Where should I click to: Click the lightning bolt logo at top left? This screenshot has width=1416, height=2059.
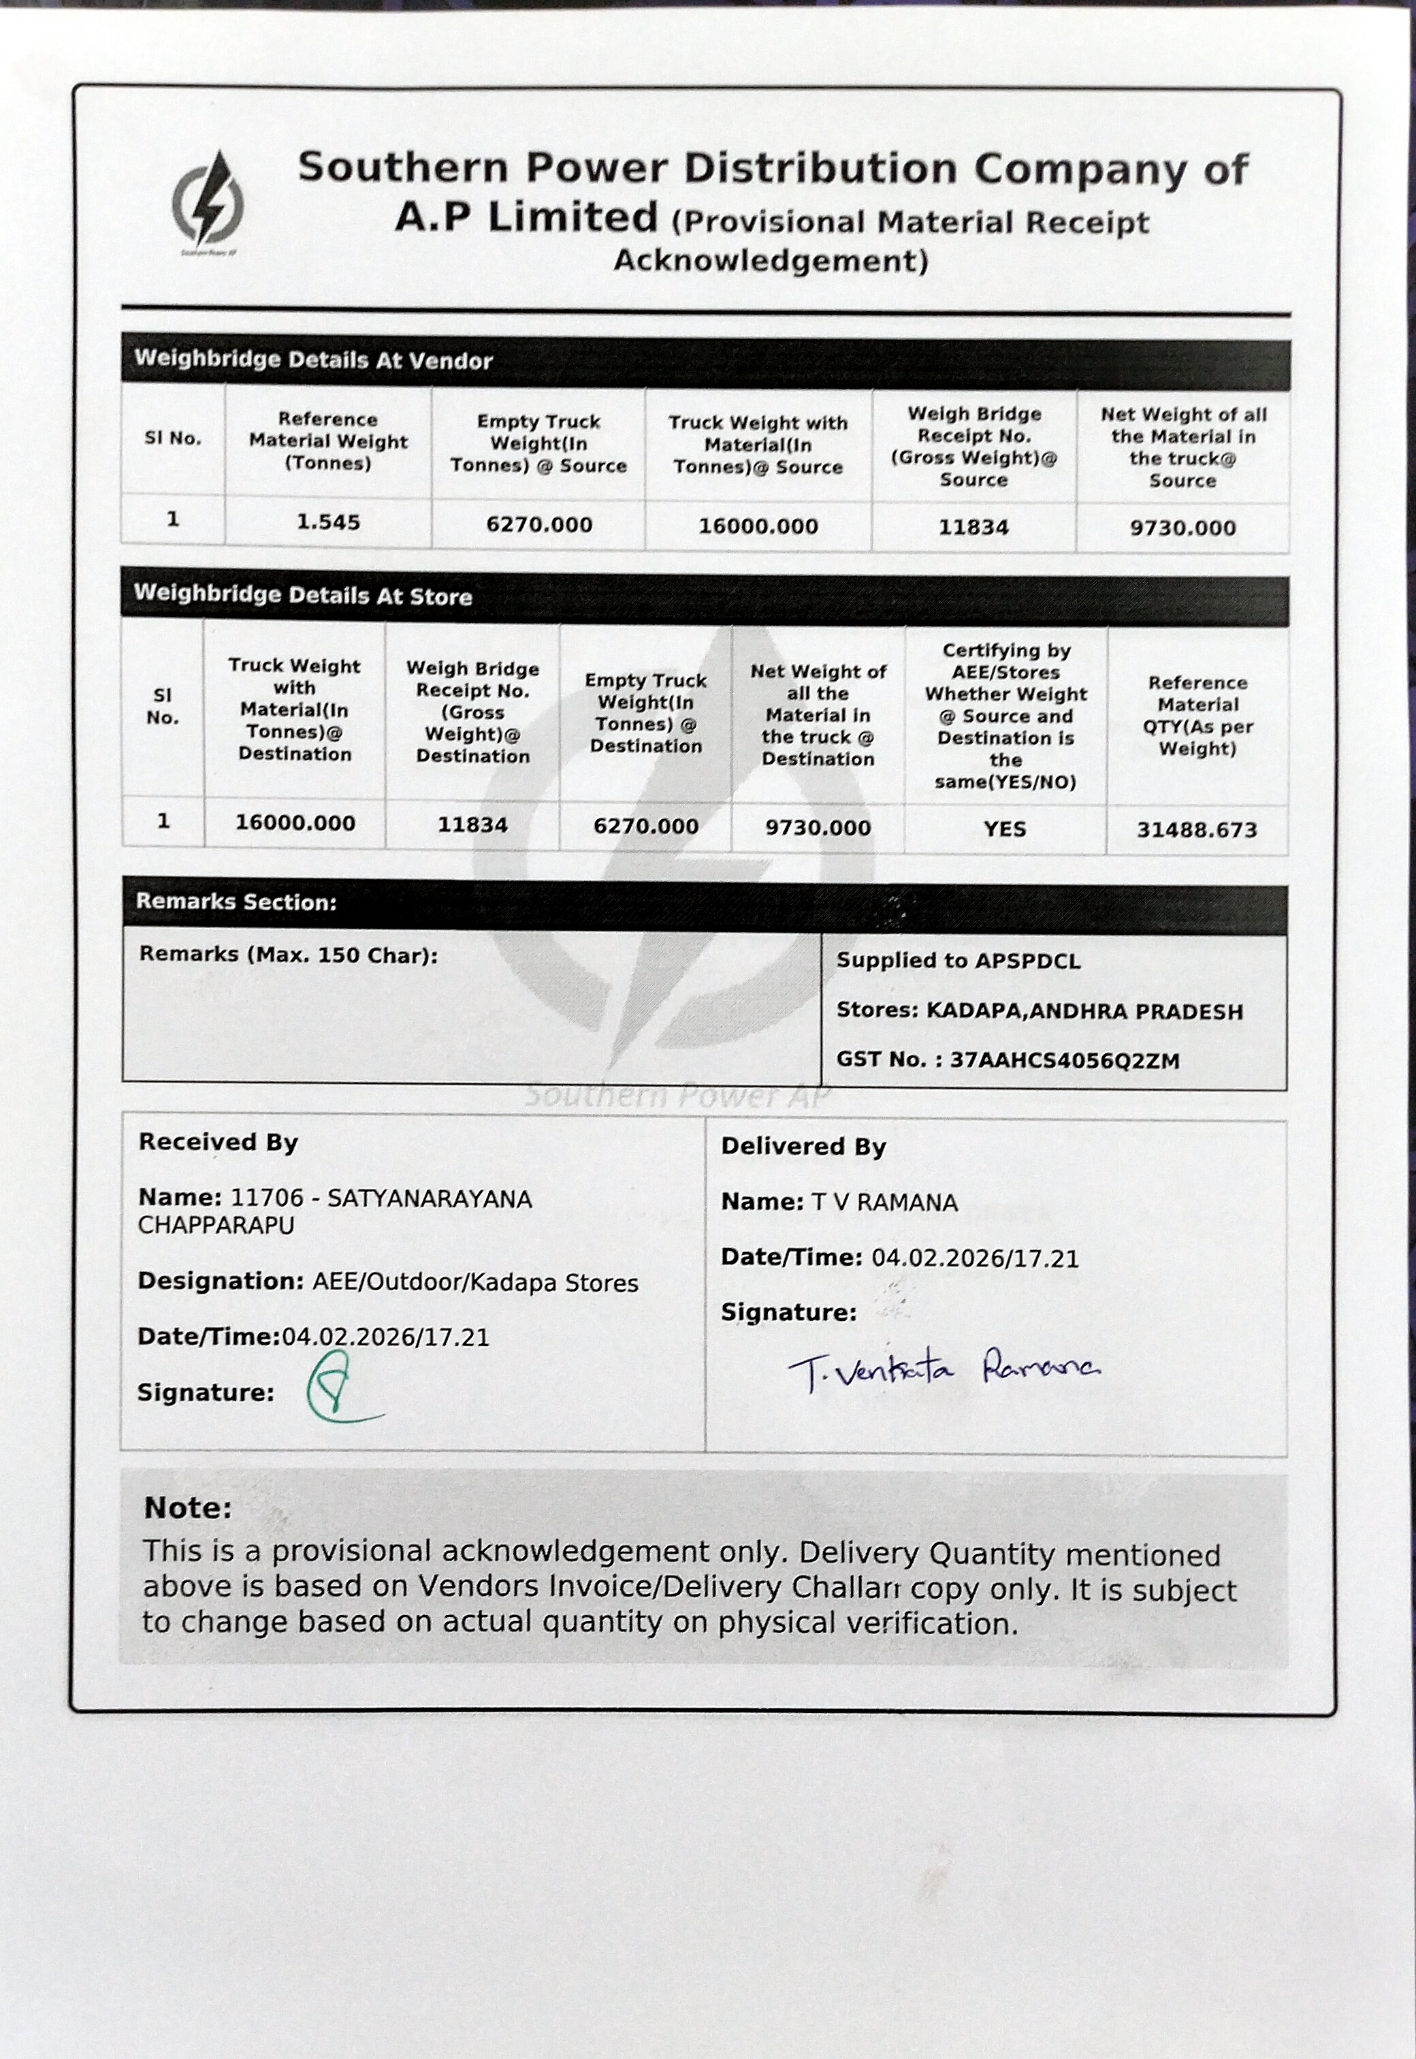[x=208, y=200]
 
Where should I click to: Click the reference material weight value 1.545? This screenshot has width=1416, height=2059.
[x=328, y=522]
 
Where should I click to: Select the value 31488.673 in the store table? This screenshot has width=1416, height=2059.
[x=1197, y=831]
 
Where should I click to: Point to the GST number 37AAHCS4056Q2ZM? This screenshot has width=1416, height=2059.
[x=1065, y=1060]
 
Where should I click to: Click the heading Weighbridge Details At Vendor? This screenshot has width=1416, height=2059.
[x=313, y=360]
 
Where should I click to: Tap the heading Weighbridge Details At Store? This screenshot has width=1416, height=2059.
[x=302, y=595]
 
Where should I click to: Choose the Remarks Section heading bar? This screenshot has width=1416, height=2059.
[x=236, y=902]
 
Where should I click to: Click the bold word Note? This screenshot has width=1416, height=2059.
[x=187, y=1508]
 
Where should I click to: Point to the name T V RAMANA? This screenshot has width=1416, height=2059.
[x=884, y=1203]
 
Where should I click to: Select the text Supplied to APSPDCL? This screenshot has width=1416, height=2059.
[x=959, y=961]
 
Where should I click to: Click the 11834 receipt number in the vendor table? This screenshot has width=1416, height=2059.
[x=973, y=527]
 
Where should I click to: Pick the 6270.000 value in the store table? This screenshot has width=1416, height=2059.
[x=646, y=827]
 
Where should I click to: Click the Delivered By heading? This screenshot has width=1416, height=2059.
[x=803, y=1147]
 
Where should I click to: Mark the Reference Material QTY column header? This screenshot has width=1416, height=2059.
[x=1197, y=715]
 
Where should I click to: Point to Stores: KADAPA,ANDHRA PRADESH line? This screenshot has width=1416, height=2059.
[x=1039, y=1011]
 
